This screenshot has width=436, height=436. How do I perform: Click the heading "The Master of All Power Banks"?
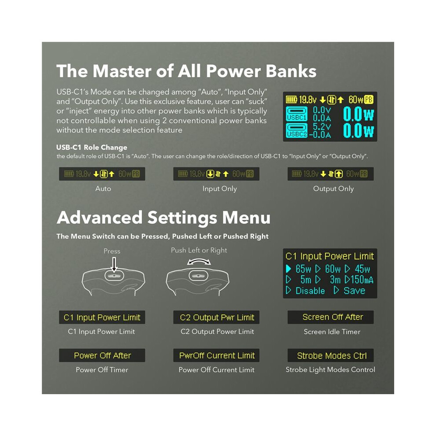[x=186, y=71]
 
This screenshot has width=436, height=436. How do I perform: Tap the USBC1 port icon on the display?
[x=297, y=114]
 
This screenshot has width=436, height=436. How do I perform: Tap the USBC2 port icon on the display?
[x=297, y=130]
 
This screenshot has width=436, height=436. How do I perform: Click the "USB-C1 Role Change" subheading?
[x=92, y=148]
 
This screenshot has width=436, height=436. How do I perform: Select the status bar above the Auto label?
[x=102, y=174]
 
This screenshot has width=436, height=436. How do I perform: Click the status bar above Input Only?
[x=216, y=174]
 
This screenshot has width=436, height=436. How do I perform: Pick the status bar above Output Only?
[x=330, y=174]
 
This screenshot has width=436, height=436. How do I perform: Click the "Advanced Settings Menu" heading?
[x=163, y=218]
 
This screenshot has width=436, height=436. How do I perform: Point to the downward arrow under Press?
[x=114, y=265]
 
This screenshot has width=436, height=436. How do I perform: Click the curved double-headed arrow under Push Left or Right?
[x=199, y=260]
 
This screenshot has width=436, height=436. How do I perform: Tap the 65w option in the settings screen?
[x=303, y=269]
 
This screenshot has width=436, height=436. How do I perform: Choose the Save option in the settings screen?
[x=354, y=291]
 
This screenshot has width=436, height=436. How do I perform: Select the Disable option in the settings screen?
[x=310, y=291]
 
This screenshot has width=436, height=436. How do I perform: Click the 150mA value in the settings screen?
[x=362, y=280]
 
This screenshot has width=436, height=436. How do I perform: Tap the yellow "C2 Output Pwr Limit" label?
[x=217, y=317]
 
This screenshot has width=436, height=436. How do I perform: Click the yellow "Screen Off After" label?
[x=333, y=317]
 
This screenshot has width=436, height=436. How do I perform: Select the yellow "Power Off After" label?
[x=102, y=355]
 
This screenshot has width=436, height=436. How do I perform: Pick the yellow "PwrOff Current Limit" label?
[x=217, y=355]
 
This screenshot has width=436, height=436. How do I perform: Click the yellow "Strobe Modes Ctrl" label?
[x=332, y=356]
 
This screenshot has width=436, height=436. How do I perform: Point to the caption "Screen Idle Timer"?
[x=332, y=332]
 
